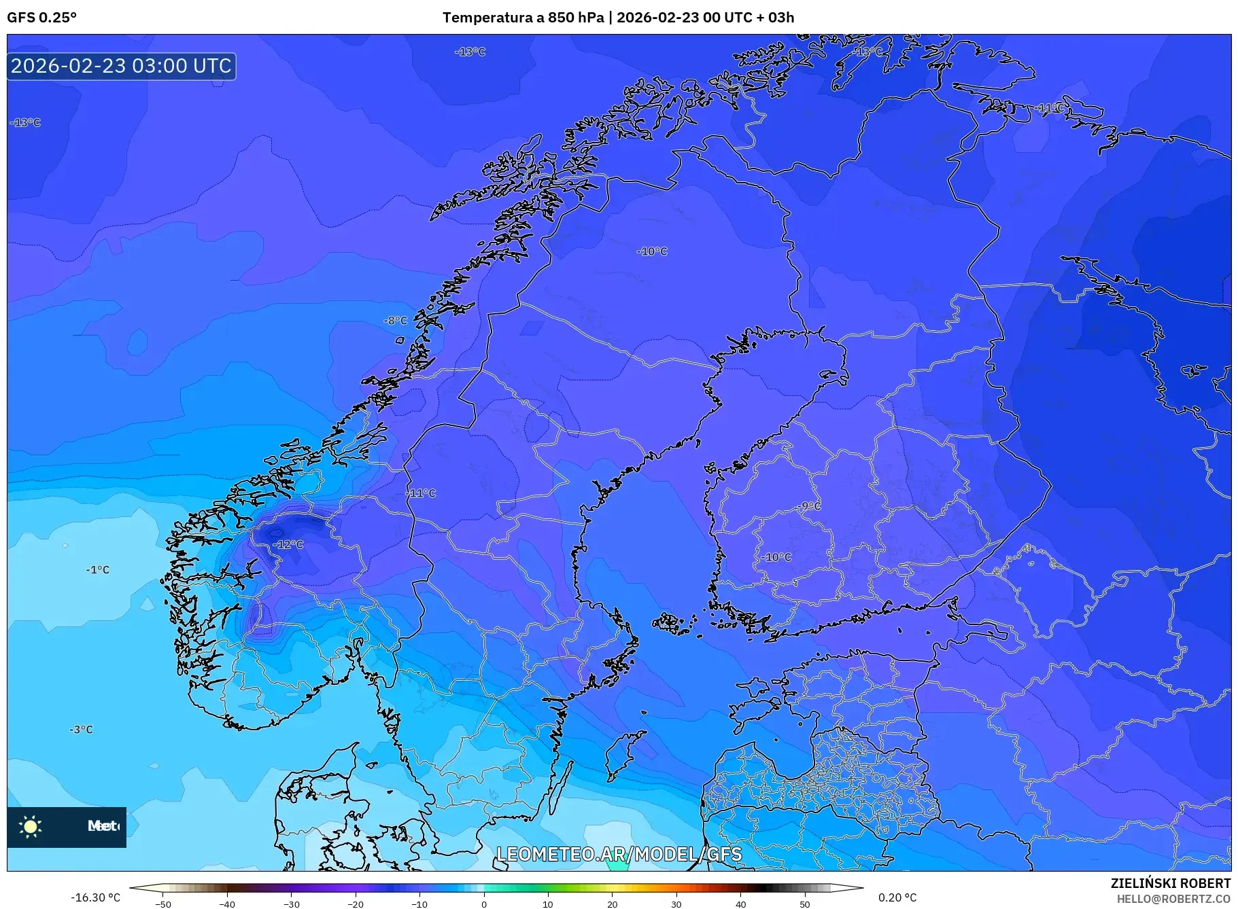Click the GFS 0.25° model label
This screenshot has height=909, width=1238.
coord(41,18)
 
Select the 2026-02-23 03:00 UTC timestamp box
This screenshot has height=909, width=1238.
coord(122,66)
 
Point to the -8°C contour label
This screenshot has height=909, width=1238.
coord(396,320)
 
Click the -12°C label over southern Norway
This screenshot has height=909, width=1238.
coord(288,544)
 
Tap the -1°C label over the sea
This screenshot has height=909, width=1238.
coord(98,569)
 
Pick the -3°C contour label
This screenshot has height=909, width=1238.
coord(81,729)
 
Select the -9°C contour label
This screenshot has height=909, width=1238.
coord(810,505)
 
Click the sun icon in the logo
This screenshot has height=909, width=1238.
coord(31,826)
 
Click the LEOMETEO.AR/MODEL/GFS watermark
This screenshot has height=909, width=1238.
coord(619,854)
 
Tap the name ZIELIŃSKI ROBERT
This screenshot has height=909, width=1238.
coord(1170,883)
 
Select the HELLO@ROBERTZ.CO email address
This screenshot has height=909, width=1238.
coord(1173,898)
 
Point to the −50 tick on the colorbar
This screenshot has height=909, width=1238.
coord(163,904)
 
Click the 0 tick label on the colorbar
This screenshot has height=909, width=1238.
coord(484,904)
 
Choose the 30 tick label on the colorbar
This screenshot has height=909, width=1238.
coord(676,904)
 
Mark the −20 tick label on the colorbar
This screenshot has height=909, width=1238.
coord(356,904)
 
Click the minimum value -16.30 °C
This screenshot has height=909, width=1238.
coord(95,897)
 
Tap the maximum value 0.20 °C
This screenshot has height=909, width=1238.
coord(897,897)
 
